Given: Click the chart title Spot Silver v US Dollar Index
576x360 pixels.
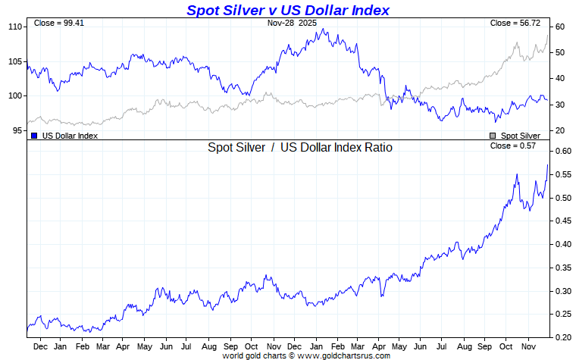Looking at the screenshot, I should tap(288, 10).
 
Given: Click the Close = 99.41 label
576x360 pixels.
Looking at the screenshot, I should tap(59, 23).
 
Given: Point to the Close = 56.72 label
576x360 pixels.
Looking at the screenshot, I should tap(515, 23).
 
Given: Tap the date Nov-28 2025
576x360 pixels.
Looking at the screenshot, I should tap(292, 23).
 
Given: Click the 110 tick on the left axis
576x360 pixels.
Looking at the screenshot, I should tap(14, 27).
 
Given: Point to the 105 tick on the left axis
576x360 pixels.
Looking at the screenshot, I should tap(14, 61).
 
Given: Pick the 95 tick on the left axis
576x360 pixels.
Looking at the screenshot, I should tap(17, 131).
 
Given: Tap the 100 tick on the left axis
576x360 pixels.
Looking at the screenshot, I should tap(14, 96).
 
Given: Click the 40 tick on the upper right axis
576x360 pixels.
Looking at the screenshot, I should tap(559, 79).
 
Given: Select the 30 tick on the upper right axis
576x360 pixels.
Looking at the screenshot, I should tap(559, 105).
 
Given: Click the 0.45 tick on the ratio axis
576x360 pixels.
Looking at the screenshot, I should tap(562, 221).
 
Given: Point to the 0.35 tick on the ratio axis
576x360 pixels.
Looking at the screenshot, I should tap(562, 268).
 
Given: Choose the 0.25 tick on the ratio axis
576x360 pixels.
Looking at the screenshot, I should tap(562, 314).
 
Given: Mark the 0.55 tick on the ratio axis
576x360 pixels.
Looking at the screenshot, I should tap(562, 174).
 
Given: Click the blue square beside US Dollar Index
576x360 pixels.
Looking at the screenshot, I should tap(34, 136).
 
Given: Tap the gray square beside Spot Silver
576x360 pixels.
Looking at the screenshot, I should tap(493, 136).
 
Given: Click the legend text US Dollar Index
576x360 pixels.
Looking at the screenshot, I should tap(70, 136).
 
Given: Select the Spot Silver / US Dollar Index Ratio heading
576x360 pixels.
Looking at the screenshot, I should tap(300, 148).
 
